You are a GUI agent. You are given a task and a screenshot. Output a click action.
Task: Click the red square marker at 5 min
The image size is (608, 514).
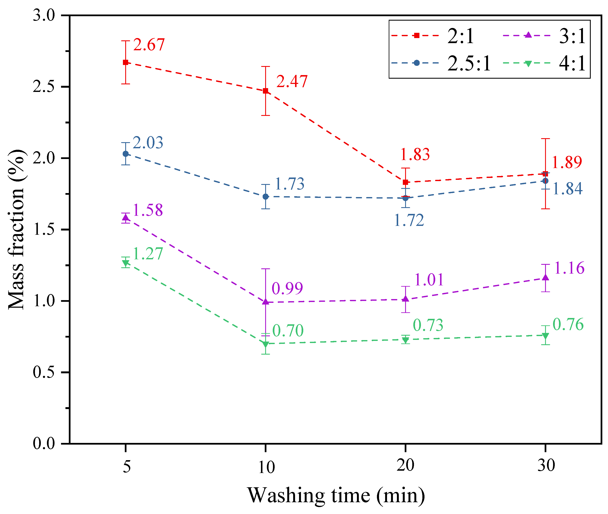(x=126, y=62)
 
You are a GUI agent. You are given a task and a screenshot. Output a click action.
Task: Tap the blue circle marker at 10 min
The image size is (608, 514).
(x=266, y=197)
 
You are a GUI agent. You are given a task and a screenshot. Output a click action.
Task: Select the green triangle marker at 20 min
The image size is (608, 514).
(x=405, y=340)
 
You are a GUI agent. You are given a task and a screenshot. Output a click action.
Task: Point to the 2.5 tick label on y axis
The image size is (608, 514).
(x=44, y=87)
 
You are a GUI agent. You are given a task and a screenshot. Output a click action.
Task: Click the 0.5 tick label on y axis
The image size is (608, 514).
(x=44, y=372)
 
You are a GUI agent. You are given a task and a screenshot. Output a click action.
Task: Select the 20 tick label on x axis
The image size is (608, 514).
(x=405, y=465)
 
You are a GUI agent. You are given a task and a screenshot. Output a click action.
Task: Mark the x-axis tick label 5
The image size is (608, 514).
(x=126, y=466)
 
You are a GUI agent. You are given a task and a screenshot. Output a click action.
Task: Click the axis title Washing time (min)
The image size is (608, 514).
(x=336, y=495)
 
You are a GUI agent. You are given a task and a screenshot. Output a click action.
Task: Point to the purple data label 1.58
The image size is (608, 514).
(x=148, y=210)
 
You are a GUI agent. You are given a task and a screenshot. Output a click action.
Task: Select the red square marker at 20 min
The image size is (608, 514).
(x=405, y=182)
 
